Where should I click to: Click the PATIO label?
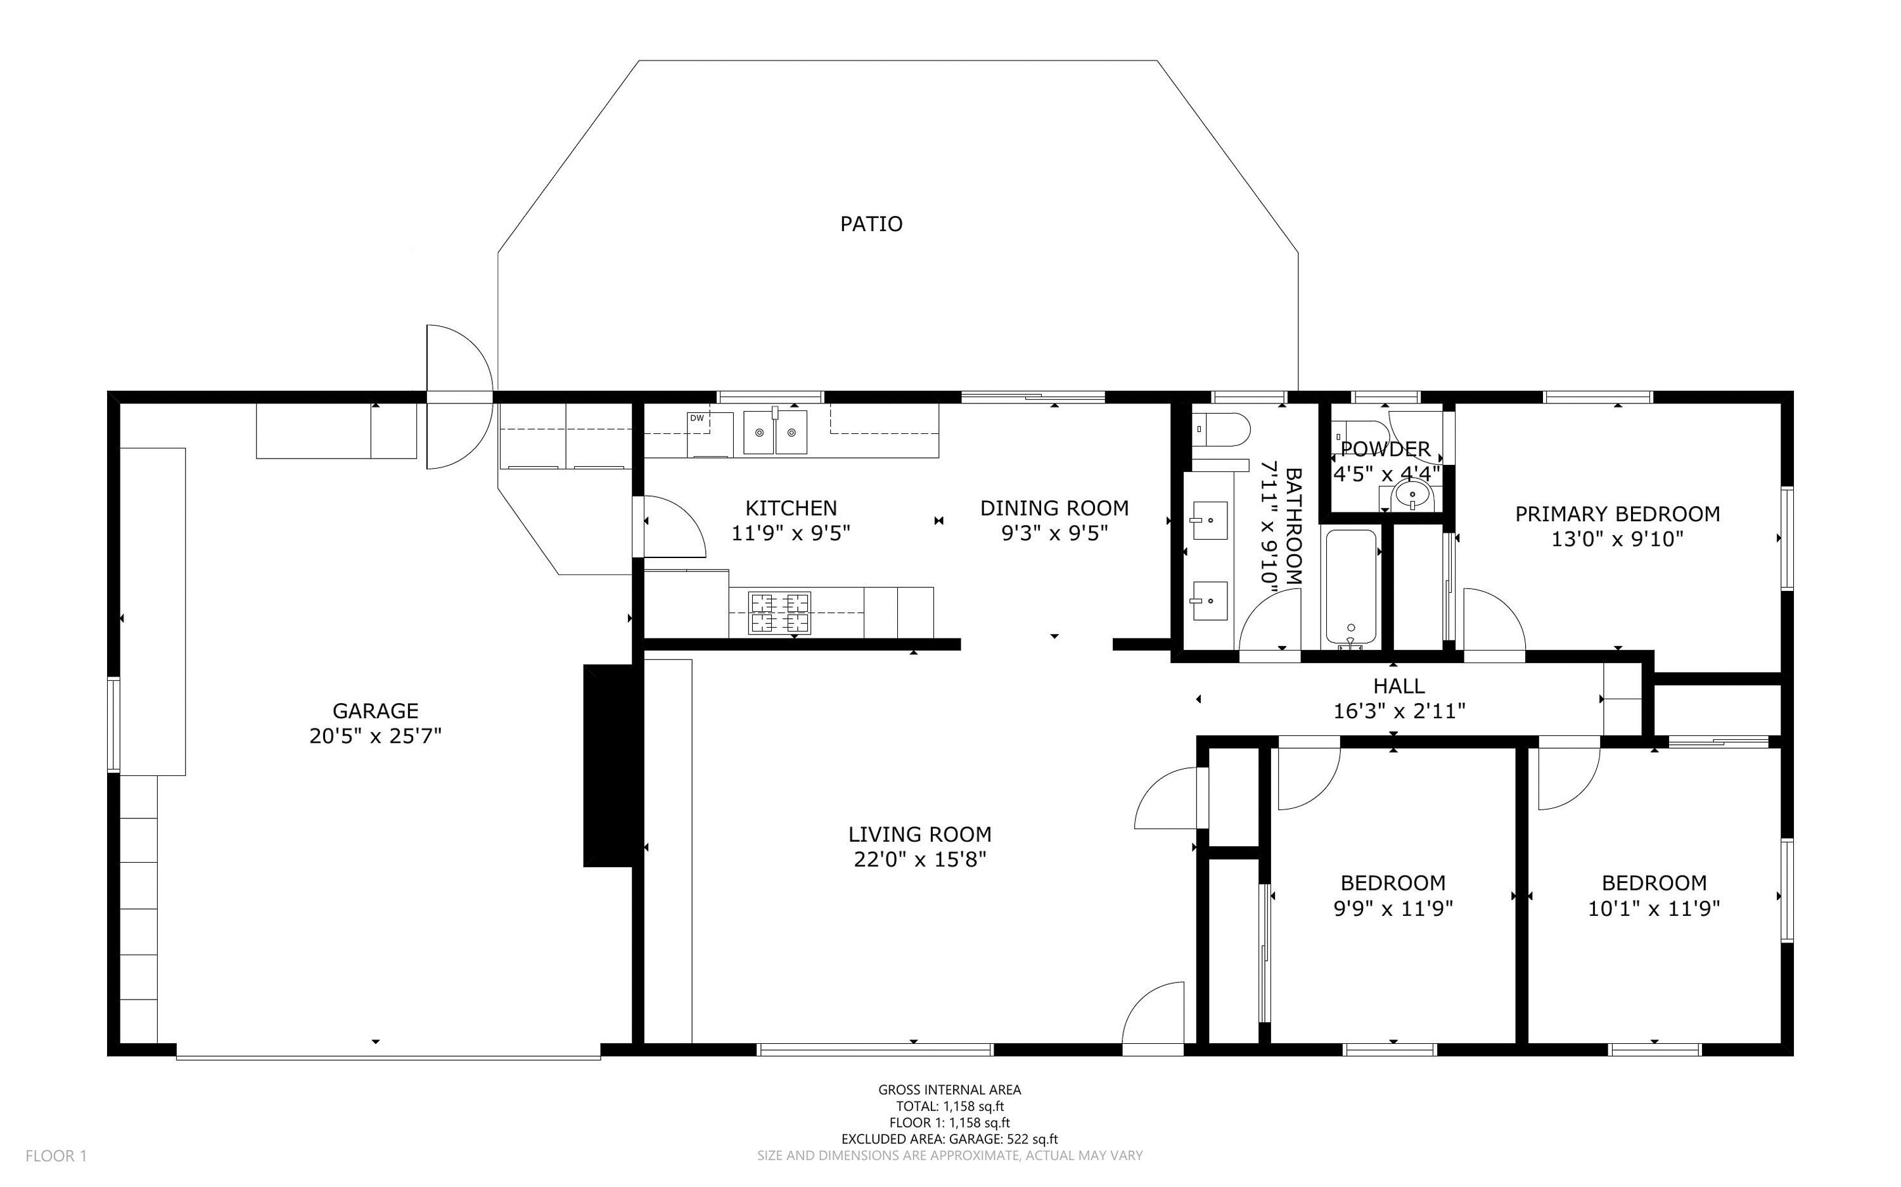(x=871, y=224)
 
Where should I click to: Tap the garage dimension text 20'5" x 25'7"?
(x=375, y=737)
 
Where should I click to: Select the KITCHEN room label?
(x=791, y=508)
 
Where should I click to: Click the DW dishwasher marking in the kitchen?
(x=696, y=419)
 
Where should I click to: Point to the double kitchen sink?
(x=775, y=433)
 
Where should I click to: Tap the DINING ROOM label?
(x=1054, y=508)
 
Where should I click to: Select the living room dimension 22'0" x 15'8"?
(x=919, y=860)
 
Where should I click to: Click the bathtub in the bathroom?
(x=1350, y=587)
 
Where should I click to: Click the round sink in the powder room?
(x=1412, y=496)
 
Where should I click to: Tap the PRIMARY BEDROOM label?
(x=1616, y=514)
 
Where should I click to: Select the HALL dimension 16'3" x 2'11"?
(x=1399, y=711)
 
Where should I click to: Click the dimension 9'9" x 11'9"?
(x=1393, y=908)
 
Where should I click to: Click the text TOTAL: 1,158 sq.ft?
(x=949, y=1106)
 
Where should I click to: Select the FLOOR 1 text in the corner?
(x=56, y=1155)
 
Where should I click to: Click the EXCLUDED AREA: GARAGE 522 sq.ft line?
(x=949, y=1139)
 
